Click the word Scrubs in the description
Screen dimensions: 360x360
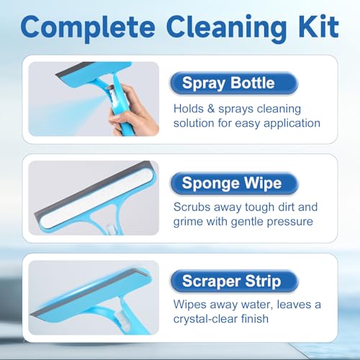(x=193, y=207)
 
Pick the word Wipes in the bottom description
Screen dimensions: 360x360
(x=189, y=305)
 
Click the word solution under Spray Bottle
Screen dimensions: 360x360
(x=195, y=123)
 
